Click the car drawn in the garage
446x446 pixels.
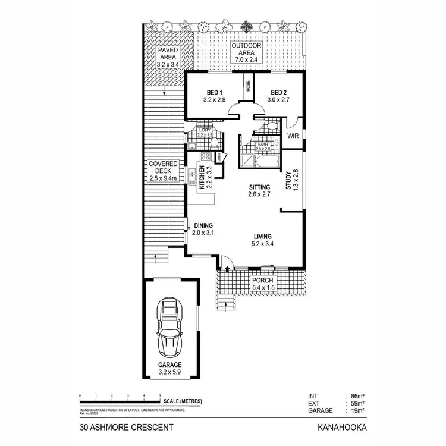(171, 326)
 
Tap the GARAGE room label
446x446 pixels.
(170, 365)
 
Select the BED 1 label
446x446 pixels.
(214, 92)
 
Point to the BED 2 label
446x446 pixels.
(279, 92)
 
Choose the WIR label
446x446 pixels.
(292, 136)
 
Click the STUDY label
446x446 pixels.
(287, 181)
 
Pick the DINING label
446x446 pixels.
(203, 225)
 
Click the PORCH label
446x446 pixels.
(262, 280)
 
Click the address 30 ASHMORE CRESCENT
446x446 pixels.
(126, 427)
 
